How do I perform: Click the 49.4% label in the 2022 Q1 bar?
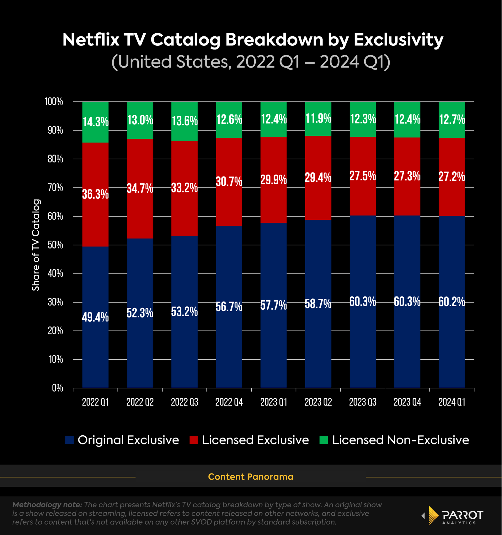click(95, 317)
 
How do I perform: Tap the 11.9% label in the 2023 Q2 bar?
click(318, 119)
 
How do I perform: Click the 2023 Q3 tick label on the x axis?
click(363, 402)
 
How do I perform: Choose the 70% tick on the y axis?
click(55, 188)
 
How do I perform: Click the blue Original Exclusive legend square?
click(69, 440)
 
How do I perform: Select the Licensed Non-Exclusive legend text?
click(400, 440)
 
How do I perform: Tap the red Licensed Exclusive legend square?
click(194, 440)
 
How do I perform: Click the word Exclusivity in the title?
click(398, 40)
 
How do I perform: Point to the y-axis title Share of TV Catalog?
click(36, 245)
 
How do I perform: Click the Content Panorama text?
click(250, 477)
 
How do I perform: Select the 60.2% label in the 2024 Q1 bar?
click(452, 302)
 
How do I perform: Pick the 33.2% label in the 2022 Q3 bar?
click(184, 188)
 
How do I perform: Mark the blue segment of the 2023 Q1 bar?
click(274, 345)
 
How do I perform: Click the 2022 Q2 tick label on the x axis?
click(140, 402)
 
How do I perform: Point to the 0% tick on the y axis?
click(57, 388)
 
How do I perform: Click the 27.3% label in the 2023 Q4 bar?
click(407, 176)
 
